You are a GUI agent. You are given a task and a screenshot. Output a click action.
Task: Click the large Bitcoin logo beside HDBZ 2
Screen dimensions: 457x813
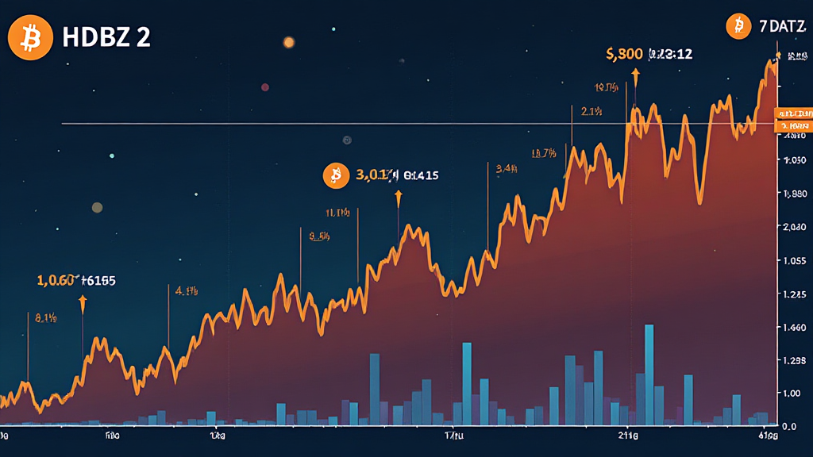tap(30, 36)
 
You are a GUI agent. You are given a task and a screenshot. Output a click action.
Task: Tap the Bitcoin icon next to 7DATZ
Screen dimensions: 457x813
tap(738, 27)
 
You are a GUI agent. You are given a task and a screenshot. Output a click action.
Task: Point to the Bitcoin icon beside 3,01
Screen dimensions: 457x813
tap(336, 175)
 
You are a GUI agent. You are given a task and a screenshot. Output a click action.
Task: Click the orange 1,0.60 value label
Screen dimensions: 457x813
tap(57, 280)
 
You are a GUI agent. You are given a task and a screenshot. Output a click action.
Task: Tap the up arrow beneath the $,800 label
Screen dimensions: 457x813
tap(635, 75)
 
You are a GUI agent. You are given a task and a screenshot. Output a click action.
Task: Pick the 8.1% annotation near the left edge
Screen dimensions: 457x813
tap(45, 318)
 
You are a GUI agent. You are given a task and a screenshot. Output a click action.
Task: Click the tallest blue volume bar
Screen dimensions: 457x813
tap(649, 373)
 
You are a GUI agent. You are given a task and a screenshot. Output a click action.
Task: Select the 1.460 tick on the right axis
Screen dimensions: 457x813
tap(794, 327)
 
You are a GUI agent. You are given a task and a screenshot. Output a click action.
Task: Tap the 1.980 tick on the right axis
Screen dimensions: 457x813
tap(794, 194)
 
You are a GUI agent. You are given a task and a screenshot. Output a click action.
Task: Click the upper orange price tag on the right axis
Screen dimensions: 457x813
tap(793, 114)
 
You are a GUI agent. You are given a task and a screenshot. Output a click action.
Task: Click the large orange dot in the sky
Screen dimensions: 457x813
tap(288, 42)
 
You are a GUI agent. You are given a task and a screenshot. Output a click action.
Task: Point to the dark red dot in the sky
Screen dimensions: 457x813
tap(264, 87)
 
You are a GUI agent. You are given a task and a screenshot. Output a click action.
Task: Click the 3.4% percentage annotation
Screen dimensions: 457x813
tap(507, 168)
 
